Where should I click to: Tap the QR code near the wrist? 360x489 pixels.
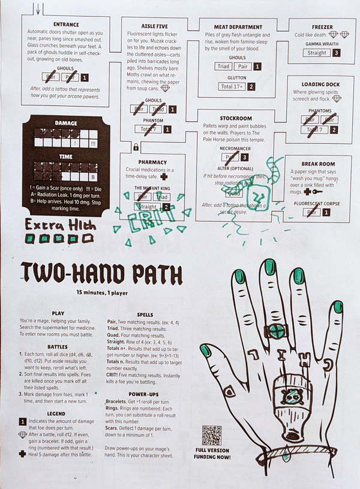(x=211, y=435)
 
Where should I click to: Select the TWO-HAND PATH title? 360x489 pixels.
(x=101, y=274)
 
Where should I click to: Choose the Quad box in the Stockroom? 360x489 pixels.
(x=235, y=193)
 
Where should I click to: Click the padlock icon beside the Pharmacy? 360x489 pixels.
(x=136, y=147)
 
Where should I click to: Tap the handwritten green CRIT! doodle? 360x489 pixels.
(x=144, y=221)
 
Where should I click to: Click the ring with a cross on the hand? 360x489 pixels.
(x=277, y=331)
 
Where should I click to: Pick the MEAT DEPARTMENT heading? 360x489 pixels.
(x=238, y=27)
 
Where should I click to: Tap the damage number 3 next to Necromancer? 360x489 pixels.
(x=244, y=157)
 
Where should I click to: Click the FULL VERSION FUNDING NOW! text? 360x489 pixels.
(x=211, y=453)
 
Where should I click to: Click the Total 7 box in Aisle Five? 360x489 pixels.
(x=148, y=129)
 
